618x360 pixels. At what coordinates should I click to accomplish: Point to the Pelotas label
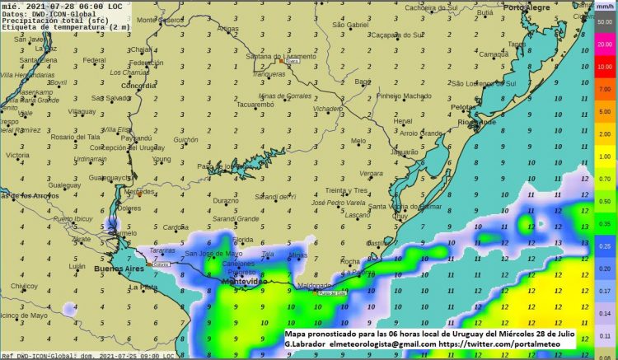click(x=466, y=108)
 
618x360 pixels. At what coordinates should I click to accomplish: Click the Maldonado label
click(x=314, y=286)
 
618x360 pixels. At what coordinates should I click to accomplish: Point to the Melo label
click(x=358, y=141)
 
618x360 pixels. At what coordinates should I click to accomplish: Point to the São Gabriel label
click(x=350, y=26)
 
